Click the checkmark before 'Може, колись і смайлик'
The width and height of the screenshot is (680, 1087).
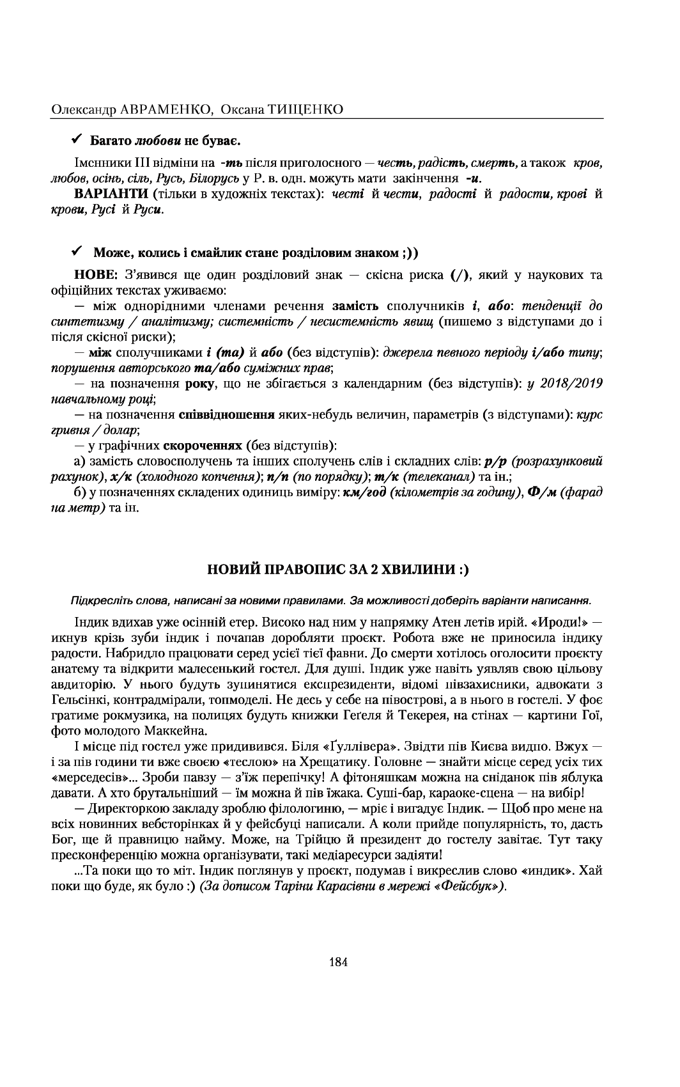[75, 250]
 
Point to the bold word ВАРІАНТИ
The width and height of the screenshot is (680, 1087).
[103, 194]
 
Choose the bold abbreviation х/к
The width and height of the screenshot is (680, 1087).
[121, 477]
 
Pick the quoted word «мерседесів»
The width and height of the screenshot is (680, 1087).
[84, 778]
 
